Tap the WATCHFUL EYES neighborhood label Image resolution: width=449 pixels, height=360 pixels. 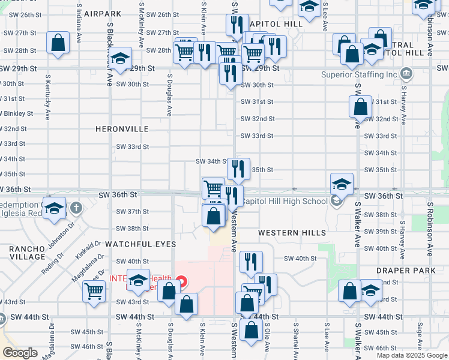[x=140, y=244]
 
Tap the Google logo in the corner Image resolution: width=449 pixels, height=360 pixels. [x=20, y=353]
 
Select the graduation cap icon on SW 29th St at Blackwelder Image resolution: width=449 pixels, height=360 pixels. [x=121, y=58]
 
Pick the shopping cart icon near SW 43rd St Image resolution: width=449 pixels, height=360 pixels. [x=94, y=292]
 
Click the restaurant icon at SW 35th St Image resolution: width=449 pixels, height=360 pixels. [x=238, y=169]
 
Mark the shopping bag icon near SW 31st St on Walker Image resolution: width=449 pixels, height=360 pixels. [x=361, y=107]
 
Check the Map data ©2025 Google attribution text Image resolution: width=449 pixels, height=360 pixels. [x=412, y=355]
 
